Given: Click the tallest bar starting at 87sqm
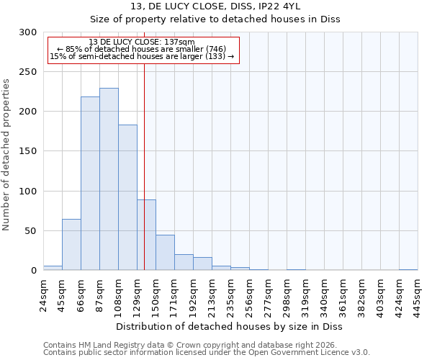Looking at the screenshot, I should click(x=109, y=179).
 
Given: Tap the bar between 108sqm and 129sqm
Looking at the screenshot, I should click(x=127, y=197).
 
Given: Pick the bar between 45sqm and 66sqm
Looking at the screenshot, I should click(x=71, y=245).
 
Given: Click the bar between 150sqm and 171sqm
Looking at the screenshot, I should click(x=165, y=253).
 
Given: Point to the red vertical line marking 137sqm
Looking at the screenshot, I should click(x=144, y=166).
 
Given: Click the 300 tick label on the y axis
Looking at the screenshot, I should click(x=28, y=32).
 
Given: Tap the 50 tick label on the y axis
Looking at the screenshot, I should click(x=31, y=231).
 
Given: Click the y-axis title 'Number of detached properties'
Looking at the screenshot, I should click(x=6, y=151).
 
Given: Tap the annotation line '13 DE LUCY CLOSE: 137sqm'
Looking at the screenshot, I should click(x=142, y=42).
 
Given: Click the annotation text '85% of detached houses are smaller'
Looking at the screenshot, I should click(x=142, y=49).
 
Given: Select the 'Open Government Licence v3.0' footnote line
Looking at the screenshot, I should click(x=207, y=352).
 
